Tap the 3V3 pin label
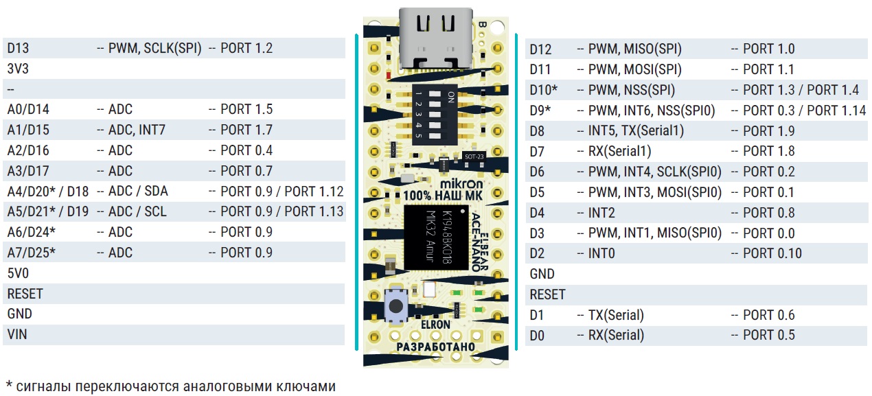[18, 69]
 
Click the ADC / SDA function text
[137, 191]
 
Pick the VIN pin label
[17, 334]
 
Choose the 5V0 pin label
[18, 273]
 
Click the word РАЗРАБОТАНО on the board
[435, 347]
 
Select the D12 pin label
[541, 49]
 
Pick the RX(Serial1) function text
[619, 151]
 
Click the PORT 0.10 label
[772, 253]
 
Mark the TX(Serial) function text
[615, 315]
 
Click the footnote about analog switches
[172, 384]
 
